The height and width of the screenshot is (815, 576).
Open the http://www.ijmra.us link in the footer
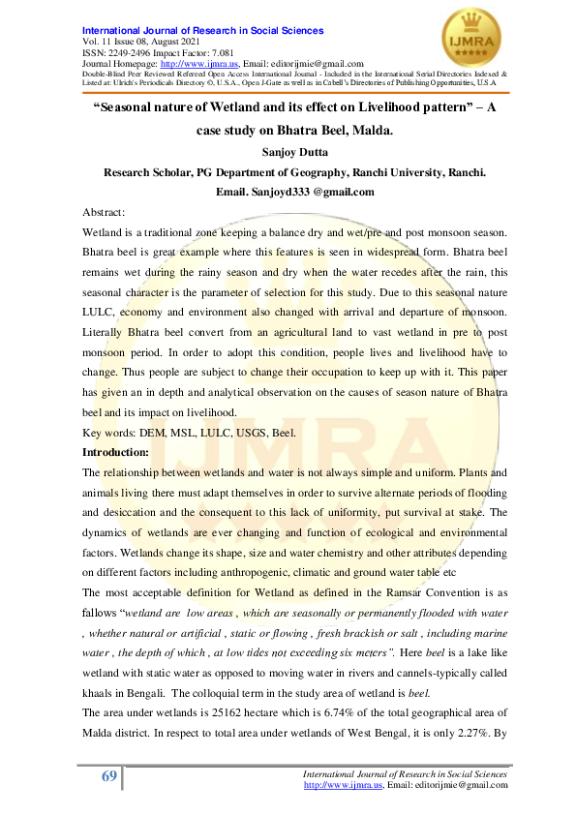(x=338, y=784)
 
